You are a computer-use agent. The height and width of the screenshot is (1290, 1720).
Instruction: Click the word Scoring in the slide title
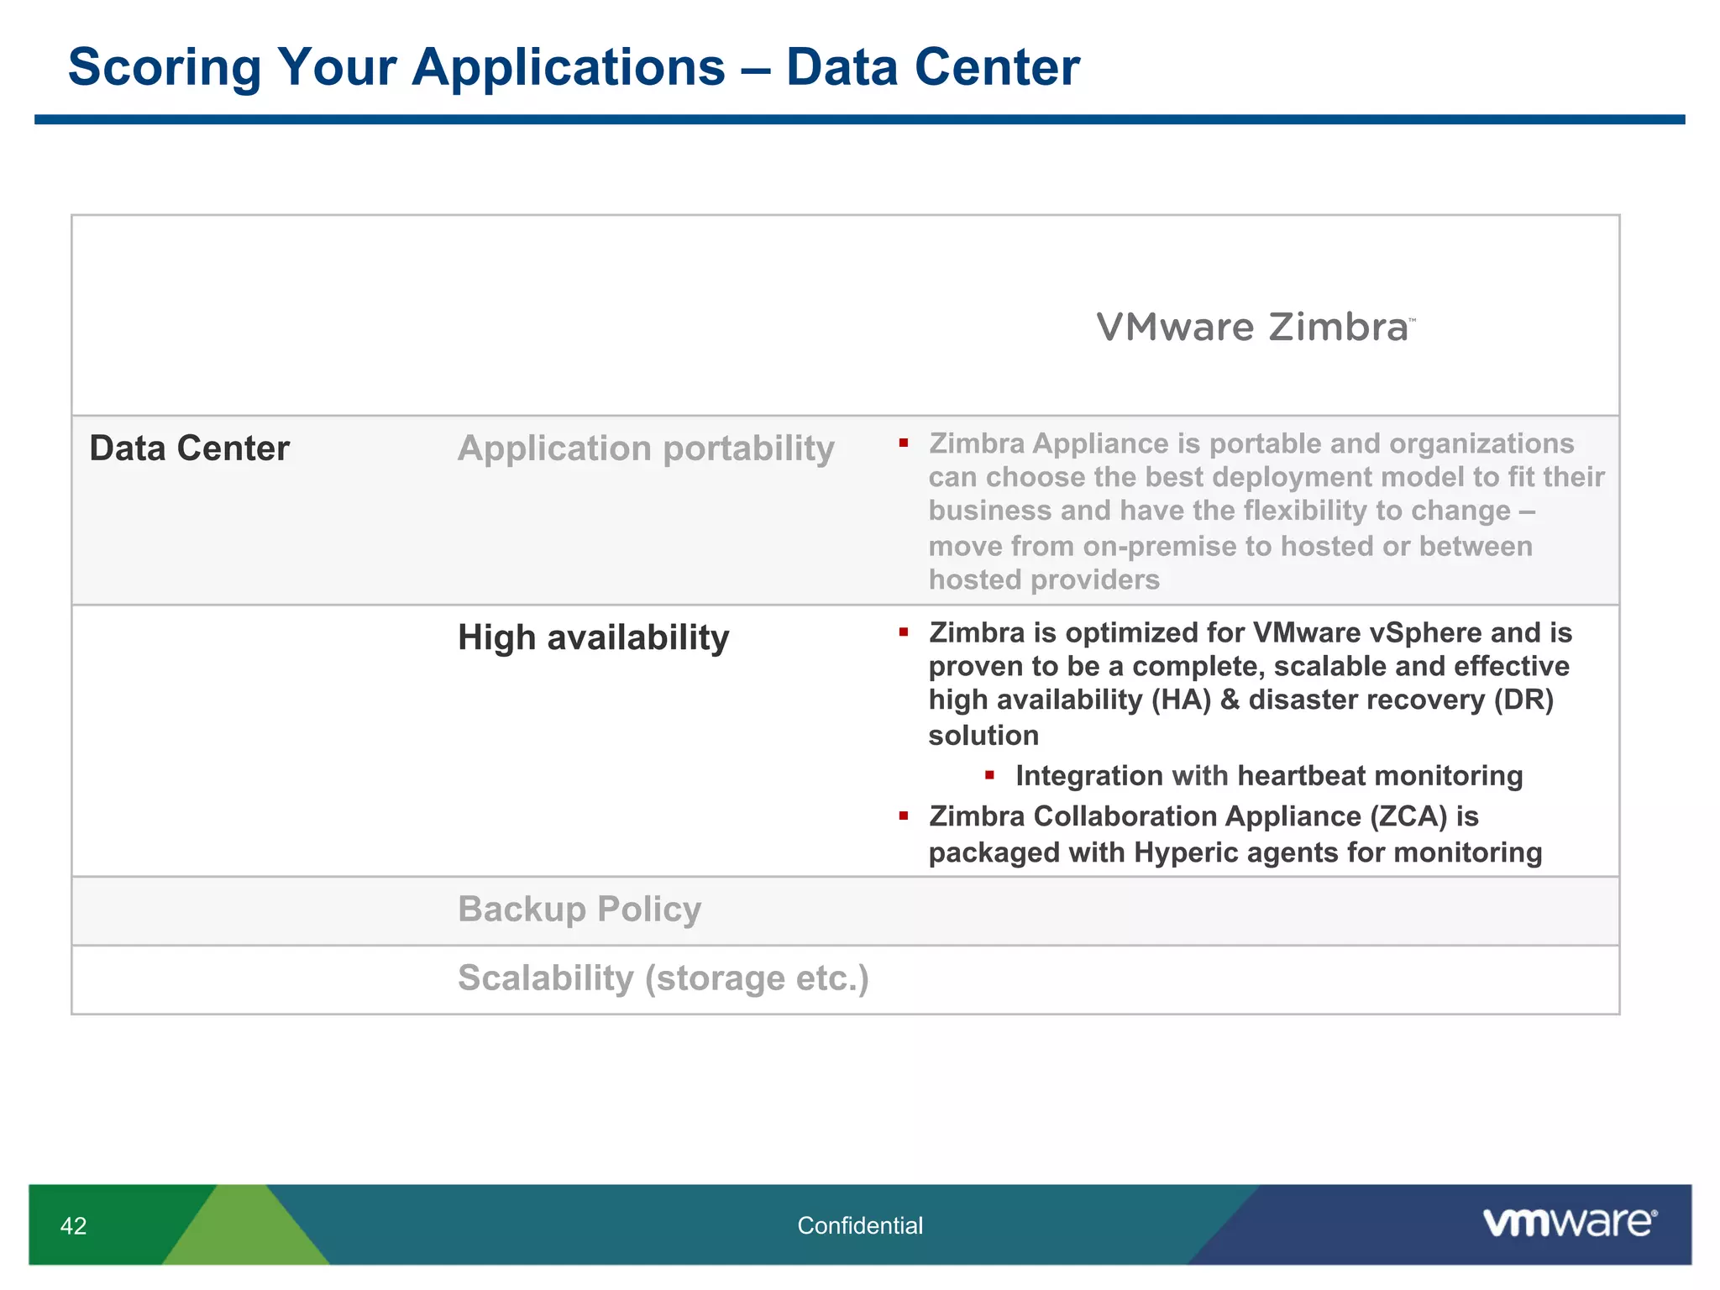point(165,67)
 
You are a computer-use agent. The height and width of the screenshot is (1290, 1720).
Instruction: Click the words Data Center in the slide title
point(932,67)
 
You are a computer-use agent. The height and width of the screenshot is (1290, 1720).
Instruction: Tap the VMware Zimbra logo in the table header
point(1255,328)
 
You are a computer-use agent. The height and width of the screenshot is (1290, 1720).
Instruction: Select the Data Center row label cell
point(190,448)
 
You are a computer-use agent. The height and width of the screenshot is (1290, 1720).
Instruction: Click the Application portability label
point(646,448)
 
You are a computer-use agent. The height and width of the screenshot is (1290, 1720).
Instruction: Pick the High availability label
point(593,637)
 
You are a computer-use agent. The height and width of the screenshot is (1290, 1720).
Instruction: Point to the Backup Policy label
point(579,910)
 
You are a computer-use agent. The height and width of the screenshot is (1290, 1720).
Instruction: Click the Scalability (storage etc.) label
point(663,978)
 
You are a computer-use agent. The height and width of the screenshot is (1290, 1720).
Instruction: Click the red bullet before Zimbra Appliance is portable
point(904,443)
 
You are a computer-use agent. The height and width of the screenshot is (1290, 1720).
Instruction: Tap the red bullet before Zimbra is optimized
point(904,632)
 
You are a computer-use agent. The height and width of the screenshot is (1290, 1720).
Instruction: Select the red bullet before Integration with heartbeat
point(990,775)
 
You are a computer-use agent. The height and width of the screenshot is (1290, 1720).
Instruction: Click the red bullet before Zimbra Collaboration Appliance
point(904,815)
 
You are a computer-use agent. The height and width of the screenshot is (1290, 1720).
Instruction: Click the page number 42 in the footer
point(74,1226)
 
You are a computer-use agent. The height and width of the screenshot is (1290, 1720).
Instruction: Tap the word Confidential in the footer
point(860,1226)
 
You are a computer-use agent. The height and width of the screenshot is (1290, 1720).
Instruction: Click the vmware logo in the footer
point(1569,1222)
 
